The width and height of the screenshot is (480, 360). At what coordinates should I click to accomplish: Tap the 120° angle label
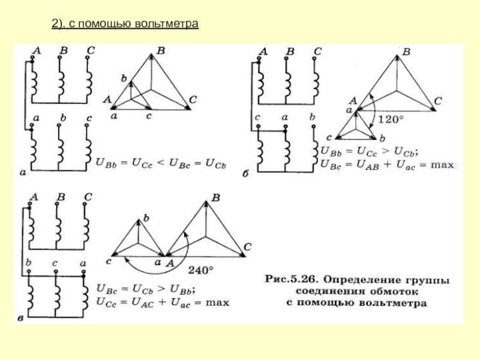point(391,120)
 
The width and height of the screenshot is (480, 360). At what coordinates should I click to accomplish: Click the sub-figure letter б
point(246,173)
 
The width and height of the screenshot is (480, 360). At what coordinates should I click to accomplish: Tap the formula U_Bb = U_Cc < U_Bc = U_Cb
point(157,161)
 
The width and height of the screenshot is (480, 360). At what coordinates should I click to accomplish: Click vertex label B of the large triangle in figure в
point(217,197)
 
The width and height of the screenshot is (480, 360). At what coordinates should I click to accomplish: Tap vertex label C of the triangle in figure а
point(193,100)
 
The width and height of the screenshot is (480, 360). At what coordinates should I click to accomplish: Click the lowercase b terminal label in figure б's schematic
point(312,118)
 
